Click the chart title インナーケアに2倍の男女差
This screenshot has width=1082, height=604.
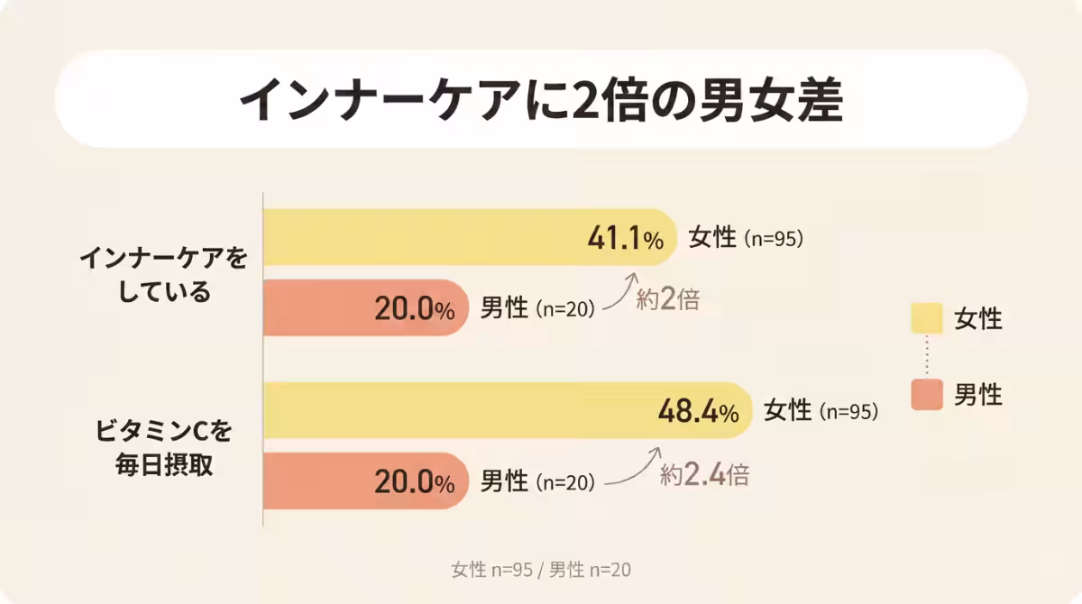[541, 101]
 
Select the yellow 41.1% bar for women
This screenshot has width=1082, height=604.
[424, 238]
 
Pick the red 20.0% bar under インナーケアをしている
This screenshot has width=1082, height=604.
[316, 308]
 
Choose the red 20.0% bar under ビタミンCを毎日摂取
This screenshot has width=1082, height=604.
[316, 481]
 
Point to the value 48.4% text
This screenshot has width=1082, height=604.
[698, 412]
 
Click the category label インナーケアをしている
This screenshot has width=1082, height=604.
[163, 275]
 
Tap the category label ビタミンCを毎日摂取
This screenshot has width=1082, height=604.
[163, 448]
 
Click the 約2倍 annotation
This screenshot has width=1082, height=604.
[667, 300]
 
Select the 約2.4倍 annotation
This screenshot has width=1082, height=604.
[704, 474]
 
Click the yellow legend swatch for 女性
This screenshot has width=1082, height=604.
[927, 318]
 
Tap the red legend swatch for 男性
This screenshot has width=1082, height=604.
[927, 394]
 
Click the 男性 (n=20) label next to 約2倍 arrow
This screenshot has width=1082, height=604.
[537, 308]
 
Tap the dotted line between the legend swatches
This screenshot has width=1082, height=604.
[927, 356]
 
